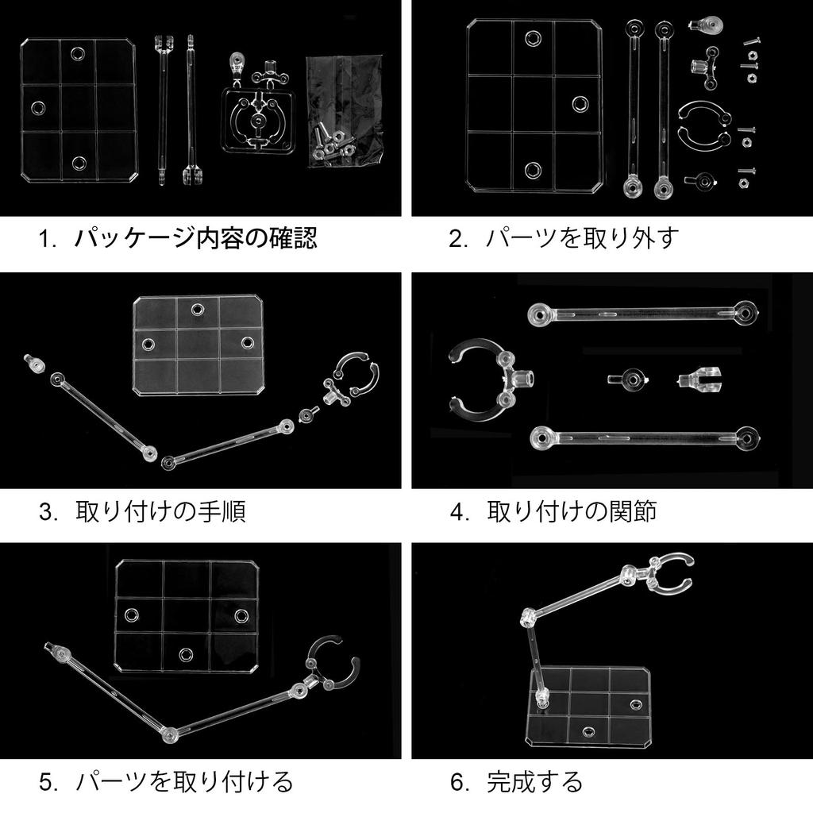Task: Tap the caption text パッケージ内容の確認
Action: tap(195, 238)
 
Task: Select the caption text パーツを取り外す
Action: tap(582, 238)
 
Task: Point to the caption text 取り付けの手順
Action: tap(160, 511)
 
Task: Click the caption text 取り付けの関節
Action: tap(572, 511)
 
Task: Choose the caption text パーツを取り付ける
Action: tap(184, 782)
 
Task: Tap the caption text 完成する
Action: tap(534, 782)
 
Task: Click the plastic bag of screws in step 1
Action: tap(345, 111)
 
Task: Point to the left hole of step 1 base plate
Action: tap(38, 108)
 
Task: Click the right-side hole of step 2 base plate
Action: tap(580, 104)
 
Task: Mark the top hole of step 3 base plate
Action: tap(197, 310)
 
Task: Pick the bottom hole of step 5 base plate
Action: tap(186, 654)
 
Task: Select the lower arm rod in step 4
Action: tap(645, 438)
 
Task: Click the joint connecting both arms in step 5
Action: tap(170, 734)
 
